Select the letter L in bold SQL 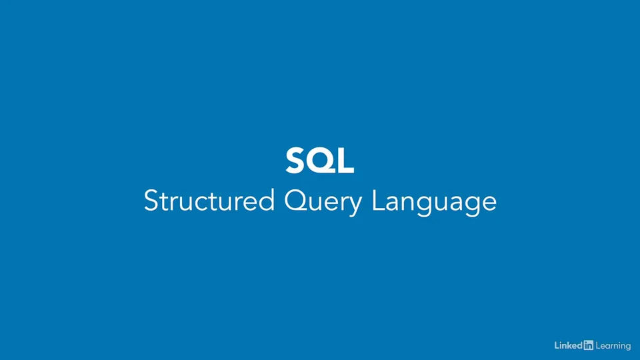tap(344, 161)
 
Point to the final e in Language tap(489, 203)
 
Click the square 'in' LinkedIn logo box tap(588, 345)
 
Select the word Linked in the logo tap(568, 345)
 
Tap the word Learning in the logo tap(613, 346)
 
